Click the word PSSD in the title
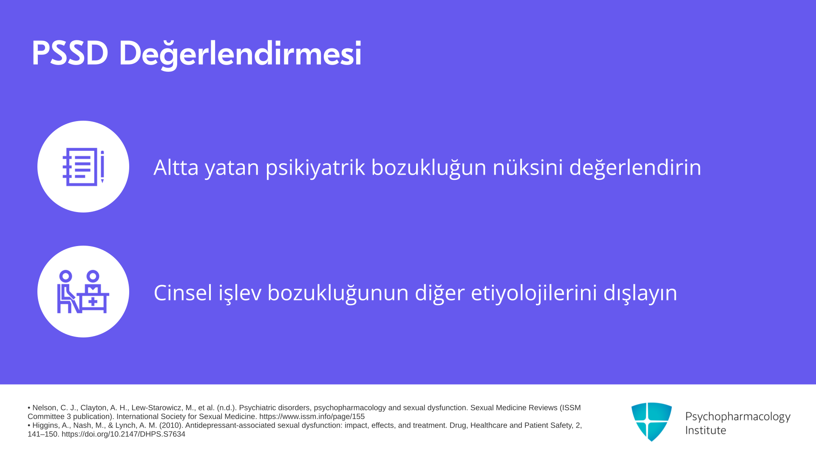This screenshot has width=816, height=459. (70, 54)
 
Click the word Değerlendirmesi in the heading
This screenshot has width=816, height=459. (240, 54)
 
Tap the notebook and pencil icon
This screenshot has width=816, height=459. (83, 167)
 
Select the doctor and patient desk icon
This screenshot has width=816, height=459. (83, 292)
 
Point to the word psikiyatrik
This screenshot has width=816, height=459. (315, 167)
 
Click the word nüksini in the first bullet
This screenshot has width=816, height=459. (527, 167)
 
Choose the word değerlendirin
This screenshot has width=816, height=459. (635, 167)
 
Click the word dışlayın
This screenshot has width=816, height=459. (640, 293)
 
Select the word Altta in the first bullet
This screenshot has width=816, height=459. (176, 167)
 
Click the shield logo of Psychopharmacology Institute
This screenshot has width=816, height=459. (652, 422)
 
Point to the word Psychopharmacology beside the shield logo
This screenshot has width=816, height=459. (738, 417)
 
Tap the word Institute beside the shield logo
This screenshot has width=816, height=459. (705, 431)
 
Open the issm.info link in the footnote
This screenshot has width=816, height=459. (312, 417)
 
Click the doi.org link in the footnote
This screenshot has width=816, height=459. (123, 434)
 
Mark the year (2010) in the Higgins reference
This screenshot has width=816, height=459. (171, 425)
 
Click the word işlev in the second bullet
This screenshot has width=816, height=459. (240, 293)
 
